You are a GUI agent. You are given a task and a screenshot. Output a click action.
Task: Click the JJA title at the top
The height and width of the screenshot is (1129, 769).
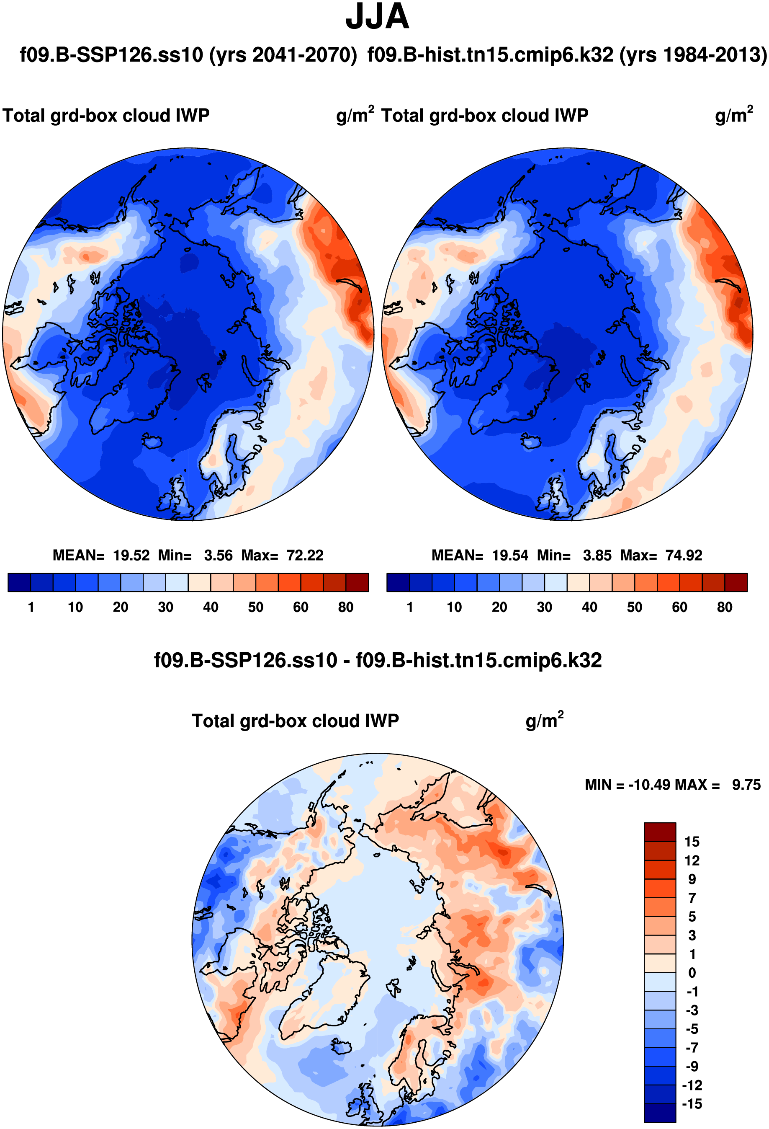coord(377,16)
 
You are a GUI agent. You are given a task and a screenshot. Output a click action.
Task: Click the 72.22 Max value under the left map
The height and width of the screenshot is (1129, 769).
coord(304,555)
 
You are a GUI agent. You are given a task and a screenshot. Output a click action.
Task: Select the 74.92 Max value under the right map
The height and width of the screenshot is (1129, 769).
coord(684,555)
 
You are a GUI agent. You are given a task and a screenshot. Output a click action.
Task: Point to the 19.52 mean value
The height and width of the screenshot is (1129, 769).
coord(131,555)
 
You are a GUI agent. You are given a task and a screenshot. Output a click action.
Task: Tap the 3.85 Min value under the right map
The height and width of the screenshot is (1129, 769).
coord(597,555)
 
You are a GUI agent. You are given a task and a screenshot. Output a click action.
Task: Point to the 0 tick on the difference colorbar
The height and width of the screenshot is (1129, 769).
coord(692,973)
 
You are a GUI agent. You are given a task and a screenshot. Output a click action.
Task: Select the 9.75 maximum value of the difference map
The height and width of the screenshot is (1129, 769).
coord(746,785)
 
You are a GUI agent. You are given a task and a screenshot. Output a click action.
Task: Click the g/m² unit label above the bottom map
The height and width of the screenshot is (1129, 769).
coord(544,721)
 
